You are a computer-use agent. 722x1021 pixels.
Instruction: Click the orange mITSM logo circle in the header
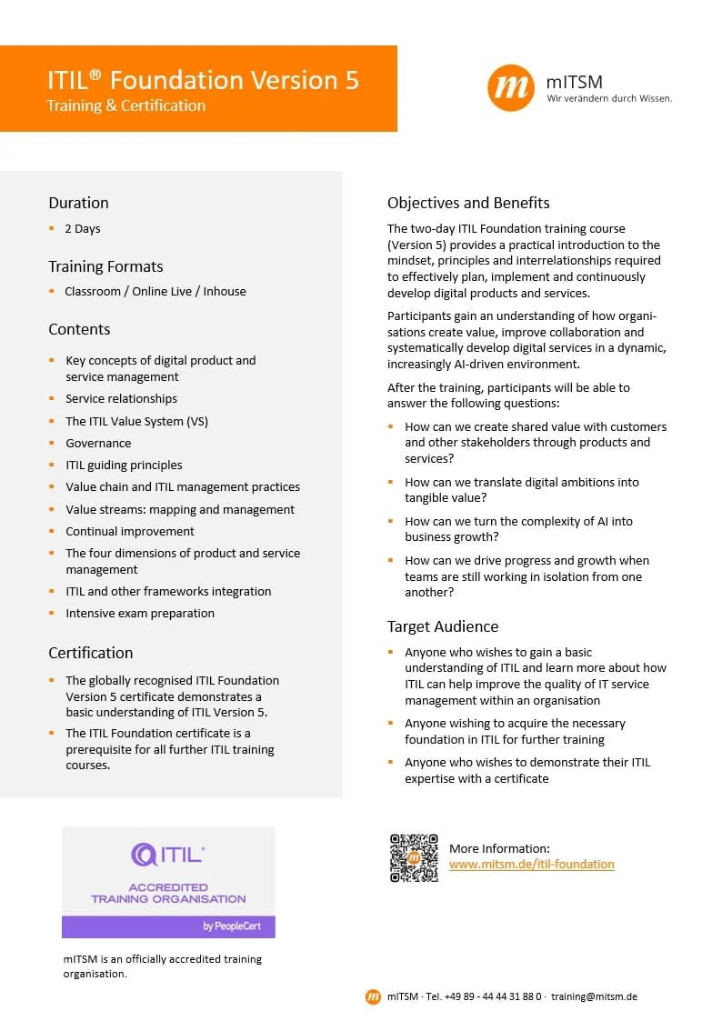click(x=511, y=88)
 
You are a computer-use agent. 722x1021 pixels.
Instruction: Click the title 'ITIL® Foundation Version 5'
click(x=203, y=80)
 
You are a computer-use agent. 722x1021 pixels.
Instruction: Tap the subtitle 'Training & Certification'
click(x=126, y=105)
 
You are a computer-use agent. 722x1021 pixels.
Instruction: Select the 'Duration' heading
click(x=78, y=203)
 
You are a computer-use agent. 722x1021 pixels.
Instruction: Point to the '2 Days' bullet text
click(x=83, y=229)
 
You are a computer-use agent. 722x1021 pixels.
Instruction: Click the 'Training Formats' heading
click(x=105, y=266)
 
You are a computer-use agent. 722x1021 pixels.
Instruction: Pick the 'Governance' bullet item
click(x=98, y=444)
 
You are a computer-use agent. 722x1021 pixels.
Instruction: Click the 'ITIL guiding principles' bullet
click(x=124, y=465)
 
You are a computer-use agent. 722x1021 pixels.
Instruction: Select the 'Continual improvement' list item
click(x=130, y=532)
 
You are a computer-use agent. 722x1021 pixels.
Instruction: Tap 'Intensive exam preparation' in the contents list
click(x=140, y=614)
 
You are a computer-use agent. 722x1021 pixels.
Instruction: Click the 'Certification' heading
click(x=90, y=653)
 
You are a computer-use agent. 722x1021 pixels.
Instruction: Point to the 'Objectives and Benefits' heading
click(x=468, y=203)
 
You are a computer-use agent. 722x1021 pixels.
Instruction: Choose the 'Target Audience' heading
click(x=443, y=626)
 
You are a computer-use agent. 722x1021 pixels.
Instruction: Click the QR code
click(x=414, y=857)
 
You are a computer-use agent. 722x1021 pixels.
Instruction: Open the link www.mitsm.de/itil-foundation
click(x=532, y=865)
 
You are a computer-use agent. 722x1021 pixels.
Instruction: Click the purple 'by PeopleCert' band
click(x=168, y=926)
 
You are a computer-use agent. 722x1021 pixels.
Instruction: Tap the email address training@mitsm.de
click(x=594, y=996)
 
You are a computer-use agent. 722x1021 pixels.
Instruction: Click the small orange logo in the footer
click(x=373, y=996)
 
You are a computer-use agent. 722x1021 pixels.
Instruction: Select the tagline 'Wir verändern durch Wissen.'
click(x=609, y=99)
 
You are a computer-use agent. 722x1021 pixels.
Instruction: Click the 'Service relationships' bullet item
click(x=121, y=399)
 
